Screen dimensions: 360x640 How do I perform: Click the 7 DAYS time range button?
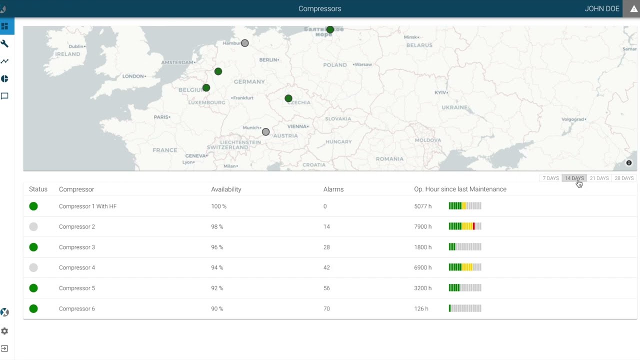(550, 178)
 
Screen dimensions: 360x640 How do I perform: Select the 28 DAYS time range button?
(624, 178)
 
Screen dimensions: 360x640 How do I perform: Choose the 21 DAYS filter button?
(599, 178)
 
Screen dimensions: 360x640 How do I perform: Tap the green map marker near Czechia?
(288, 98)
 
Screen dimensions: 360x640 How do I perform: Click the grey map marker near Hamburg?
(245, 43)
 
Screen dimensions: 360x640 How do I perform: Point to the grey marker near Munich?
(266, 132)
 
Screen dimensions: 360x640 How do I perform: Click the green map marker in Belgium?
(206, 88)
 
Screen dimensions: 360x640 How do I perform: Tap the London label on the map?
(133, 76)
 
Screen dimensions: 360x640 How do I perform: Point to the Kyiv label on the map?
(440, 92)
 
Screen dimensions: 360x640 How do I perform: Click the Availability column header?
(226, 189)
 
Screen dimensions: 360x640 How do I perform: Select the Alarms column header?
(333, 189)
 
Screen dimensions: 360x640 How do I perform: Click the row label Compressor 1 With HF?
(87, 206)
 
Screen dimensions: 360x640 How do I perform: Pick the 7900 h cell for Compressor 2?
(423, 227)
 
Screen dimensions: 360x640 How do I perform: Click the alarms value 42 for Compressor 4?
(326, 268)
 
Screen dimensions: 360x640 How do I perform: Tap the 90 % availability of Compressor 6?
(217, 309)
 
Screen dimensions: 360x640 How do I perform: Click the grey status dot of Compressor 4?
(33, 267)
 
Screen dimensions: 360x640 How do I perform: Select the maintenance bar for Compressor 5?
(465, 288)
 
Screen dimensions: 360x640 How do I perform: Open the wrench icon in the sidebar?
(5, 44)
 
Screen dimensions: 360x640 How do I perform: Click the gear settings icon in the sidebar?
(5, 331)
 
